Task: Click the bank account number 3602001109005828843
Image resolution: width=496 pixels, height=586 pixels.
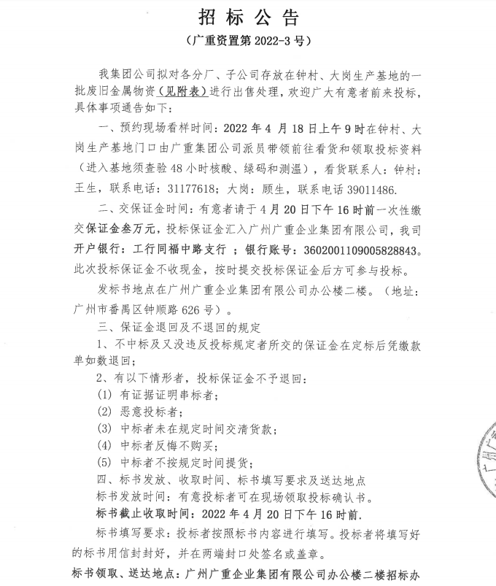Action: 354,249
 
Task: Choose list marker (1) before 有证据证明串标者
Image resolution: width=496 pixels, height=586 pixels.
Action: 104,395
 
